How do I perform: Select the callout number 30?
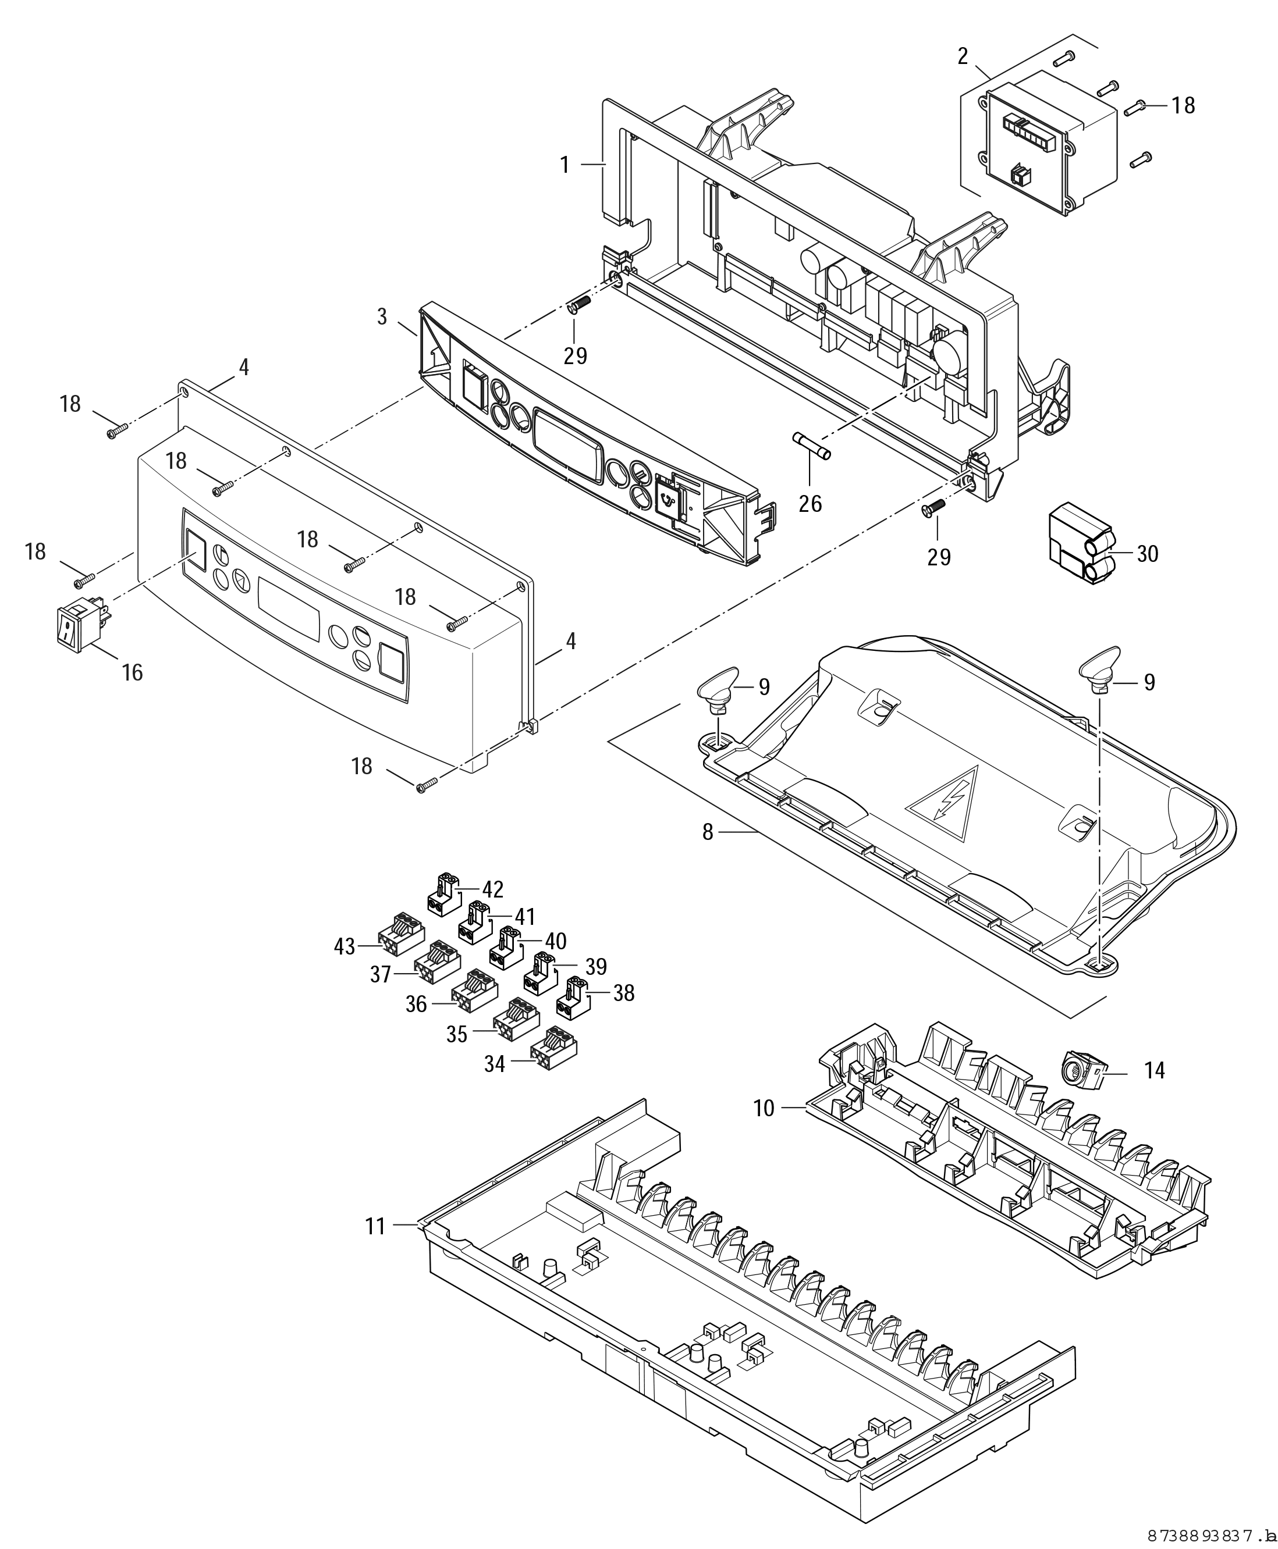[x=1148, y=553]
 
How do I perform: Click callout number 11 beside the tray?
[x=375, y=1226]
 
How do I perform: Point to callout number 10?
[x=764, y=1108]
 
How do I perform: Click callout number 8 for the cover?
[x=708, y=832]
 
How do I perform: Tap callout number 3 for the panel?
[x=382, y=316]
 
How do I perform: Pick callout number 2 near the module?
[x=963, y=56]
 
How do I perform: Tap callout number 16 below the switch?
[x=133, y=672]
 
